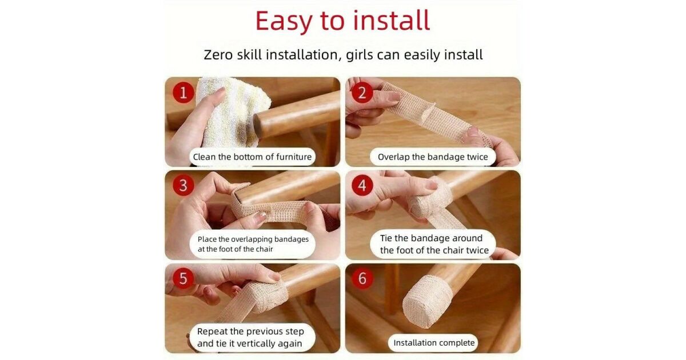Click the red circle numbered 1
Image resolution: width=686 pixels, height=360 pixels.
point(184,93)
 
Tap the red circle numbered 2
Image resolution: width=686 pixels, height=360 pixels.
point(362,93)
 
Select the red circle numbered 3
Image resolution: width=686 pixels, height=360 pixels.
point(184,185)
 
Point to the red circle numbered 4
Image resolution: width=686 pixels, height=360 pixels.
point(362,185)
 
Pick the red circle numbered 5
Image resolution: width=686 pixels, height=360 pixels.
point(184,278)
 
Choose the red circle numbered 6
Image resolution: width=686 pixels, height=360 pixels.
point(362,278)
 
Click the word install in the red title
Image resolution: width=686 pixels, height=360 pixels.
point(392,20)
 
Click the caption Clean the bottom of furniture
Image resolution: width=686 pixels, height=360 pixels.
point(252,157)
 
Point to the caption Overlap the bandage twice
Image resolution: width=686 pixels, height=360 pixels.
point(433,157)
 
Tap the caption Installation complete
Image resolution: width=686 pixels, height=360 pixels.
point(434,342)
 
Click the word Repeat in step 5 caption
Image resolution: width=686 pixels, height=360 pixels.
point(212,331)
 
